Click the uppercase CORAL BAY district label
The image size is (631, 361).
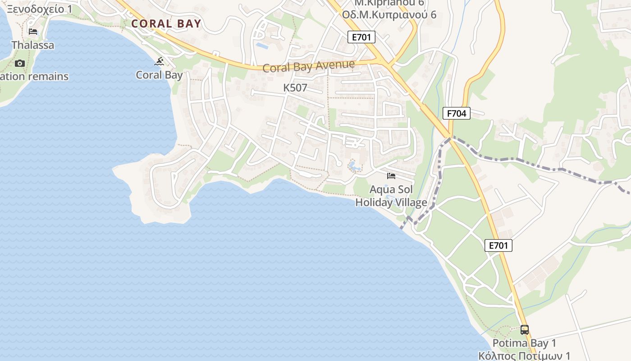pyautogui.click(x=166, y=24)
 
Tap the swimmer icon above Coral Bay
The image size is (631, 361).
pyautogui.click(x=159, y=61)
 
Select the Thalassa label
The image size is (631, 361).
pyautogui.click(x=33, y=45)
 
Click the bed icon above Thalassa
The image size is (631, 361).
pyautogui.click(x=33, y=31)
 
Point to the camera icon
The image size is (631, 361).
pyautogui.click(x=19, y=63)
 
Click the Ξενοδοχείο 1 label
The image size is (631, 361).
pyautogui.click(x=39, y=9)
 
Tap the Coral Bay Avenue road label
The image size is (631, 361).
pyautogui.click(x=308, y=66)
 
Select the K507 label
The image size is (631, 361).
pyautogui.click(x=295, y=88)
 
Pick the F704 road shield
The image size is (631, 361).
pyautogui.click(x=457, y=113)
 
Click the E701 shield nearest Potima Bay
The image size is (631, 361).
pyautogui.click(x=498, y=245)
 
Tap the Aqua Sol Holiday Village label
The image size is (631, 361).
pyautogui.click(x=391, y=196)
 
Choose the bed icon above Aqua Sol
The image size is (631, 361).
pyautogui.click(x=391, y=176)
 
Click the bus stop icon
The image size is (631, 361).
pyautogui.click(x=524, y=329)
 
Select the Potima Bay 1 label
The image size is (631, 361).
pyautogui.click(x=524, y=343)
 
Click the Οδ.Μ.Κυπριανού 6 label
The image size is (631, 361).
pyautogui.click(x=389, y=14)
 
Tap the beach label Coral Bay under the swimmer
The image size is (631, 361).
pyautogui.click(x=159, y=75)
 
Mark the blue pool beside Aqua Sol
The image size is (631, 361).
pyautogui.click(x=354, y=167)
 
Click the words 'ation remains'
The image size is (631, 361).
pyautogui.click(x=35, y=76)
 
